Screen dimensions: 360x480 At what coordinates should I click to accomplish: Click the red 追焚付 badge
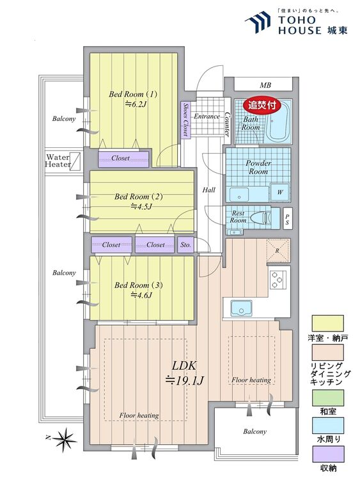(262, 106)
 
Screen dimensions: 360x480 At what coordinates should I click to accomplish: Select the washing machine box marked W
(279, 192)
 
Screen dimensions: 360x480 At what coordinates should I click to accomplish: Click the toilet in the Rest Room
(261, 218)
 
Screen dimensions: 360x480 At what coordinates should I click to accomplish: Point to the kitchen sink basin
(241, 307)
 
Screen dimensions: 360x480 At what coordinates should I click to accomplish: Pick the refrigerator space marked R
(278, 250)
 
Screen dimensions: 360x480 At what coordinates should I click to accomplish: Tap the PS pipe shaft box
(287, 219)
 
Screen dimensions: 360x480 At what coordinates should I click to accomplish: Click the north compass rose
(63, 439)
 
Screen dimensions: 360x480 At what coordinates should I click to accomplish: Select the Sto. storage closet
(185, 244)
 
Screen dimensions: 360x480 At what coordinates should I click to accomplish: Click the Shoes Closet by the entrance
(185, 120)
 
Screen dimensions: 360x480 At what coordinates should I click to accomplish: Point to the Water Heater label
(58, 161)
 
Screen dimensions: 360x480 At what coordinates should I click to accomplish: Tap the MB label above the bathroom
(265, 85)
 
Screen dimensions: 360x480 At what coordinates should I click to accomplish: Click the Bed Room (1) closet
(123, 159)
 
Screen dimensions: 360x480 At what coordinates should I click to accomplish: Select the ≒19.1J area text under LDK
(184, 381)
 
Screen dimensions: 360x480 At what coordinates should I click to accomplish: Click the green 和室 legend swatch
(327, 397)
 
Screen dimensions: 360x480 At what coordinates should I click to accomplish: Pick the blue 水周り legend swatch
(327, 426)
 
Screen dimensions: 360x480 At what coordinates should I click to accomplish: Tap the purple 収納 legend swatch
(327, 454)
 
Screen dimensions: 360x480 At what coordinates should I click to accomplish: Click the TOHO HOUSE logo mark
(258, 22)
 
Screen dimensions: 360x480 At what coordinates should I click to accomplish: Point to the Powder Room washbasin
(240, 195)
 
